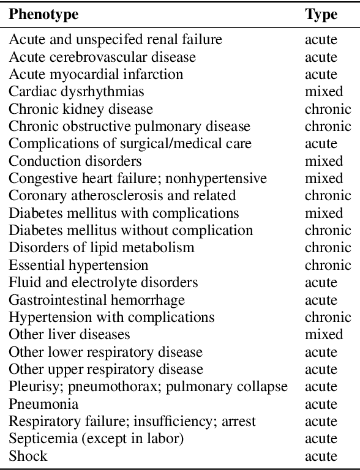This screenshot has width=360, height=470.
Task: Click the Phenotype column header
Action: [43, 15]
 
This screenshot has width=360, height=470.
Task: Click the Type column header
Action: [321, 15]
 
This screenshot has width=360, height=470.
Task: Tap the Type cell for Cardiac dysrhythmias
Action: [324, 92]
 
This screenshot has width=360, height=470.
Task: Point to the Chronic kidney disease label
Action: [81, 109]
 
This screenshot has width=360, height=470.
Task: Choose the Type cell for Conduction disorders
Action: [324, 161]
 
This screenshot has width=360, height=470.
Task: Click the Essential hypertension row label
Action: [78, 265]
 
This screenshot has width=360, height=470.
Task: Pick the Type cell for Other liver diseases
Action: [324, 335]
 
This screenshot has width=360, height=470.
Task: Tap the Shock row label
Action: [28, 456]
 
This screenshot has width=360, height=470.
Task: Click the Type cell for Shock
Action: [321, 456]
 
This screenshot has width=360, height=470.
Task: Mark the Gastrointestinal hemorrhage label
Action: [97, 300]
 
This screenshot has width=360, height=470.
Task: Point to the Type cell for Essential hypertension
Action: [328, 265]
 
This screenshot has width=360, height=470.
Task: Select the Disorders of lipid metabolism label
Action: [101, 248]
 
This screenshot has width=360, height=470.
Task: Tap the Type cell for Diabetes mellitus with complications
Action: [324, 213]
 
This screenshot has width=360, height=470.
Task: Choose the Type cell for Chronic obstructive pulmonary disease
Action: [328, 127]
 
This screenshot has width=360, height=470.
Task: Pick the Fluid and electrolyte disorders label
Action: [103, 283]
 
